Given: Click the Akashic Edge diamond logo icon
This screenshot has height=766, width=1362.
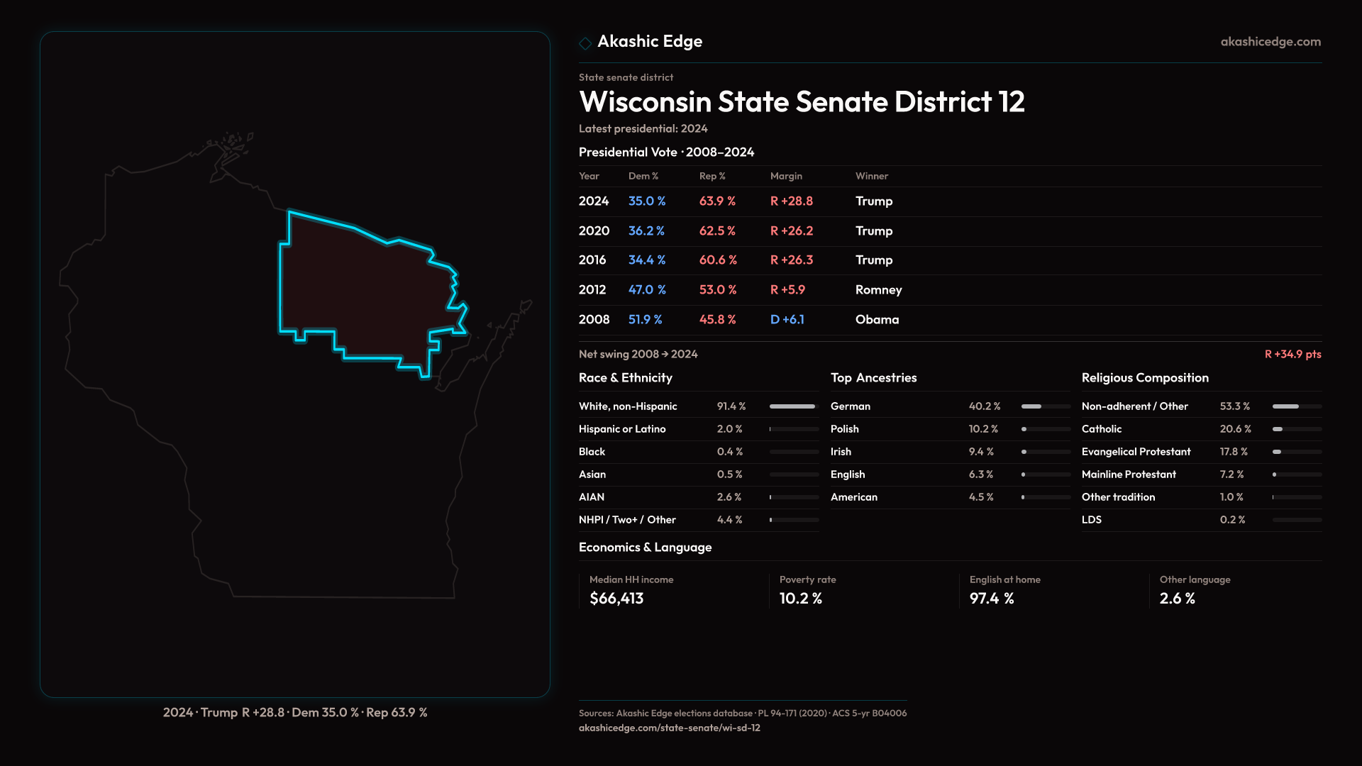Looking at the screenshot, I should (x=585, y=43).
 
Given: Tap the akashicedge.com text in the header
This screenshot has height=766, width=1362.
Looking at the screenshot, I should (x=1270, y=42).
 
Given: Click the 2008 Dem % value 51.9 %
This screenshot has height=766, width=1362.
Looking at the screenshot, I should (x=645, y=320).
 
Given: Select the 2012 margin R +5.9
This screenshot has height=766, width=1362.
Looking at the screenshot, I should (x=787, y=290).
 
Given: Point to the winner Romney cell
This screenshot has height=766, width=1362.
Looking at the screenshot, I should (x=878, y=290).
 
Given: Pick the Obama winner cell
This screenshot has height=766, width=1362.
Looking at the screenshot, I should (x=877, y=320).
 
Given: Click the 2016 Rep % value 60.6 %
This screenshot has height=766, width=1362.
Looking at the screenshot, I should (x=718, y=260).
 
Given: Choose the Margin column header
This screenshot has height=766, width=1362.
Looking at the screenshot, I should (x=786, y=176).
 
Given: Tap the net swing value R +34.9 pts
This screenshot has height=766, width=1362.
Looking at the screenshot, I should (x=1292, y=354).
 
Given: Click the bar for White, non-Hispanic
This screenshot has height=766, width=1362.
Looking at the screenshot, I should (x=793, y=406).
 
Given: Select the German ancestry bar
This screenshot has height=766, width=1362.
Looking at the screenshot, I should (x=1045, y=406).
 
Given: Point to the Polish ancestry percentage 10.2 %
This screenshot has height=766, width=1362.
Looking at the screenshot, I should (x=983, y=429).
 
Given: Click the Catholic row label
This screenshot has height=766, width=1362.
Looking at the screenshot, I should (x=1102, y=429).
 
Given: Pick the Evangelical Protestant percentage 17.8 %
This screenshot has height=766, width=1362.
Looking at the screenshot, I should (x=1234, y=452).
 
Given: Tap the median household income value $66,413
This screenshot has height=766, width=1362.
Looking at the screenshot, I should (x=616, y=599).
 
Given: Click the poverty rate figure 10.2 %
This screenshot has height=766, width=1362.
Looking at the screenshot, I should (x=800, y=599).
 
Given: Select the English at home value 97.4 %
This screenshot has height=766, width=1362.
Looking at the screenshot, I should (x=992, y=599).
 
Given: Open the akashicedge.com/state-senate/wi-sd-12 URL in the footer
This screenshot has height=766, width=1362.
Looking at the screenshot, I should (x=669, y=728).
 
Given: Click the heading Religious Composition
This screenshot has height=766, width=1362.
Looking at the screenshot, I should (x=1145, y=378).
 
